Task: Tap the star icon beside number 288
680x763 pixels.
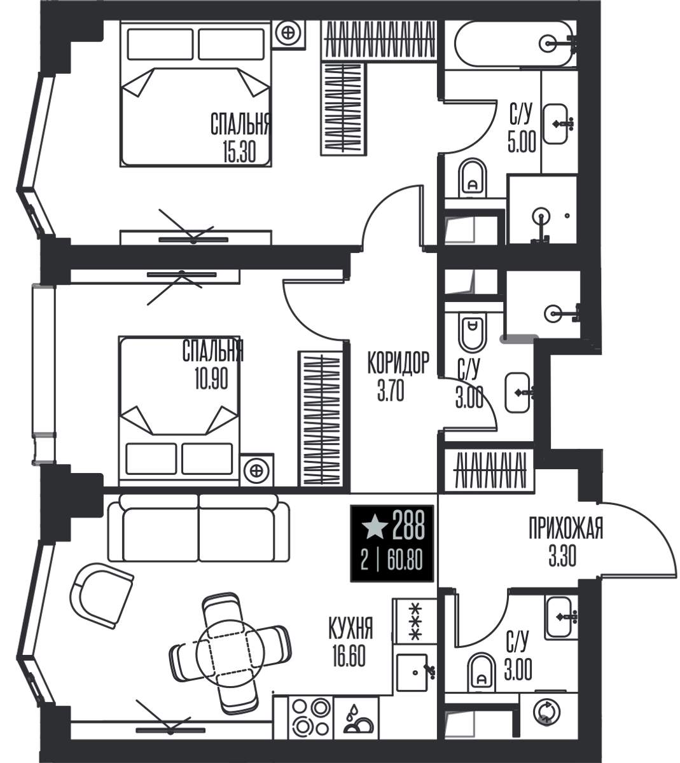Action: (x=375, y=528)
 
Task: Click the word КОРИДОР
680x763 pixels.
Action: (x=398, y=362)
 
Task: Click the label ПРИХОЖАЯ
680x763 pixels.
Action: (x=566, y=528)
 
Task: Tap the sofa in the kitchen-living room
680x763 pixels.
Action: (x=198, y=528)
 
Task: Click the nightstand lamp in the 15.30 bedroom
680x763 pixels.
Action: (x=289, y=33)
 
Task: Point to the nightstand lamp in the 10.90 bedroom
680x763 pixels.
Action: (x=256, y=471)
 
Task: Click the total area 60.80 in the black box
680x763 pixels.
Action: (x=405, y=560)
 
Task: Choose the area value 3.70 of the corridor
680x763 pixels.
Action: (x=391, y=390)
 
